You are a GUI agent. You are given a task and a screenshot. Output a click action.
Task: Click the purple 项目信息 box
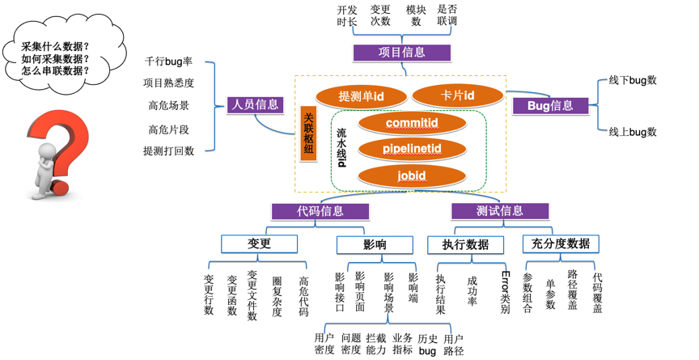[401, 53]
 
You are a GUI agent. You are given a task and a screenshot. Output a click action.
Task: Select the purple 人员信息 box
[255, 104]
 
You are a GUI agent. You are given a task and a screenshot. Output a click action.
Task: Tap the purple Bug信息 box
[549, 105]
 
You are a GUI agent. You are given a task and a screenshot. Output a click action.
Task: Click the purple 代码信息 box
[320, 211]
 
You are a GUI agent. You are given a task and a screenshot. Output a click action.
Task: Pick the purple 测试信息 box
[500, 211]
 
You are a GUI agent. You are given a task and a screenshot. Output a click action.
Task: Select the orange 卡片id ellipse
[457, 96]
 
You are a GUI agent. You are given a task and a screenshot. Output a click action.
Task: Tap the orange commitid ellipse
[411, 123]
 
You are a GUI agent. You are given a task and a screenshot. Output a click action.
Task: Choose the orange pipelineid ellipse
[411, 149]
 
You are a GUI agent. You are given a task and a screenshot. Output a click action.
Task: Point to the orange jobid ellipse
[411, 176]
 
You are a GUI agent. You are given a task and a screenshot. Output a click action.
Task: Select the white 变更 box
[259, 244]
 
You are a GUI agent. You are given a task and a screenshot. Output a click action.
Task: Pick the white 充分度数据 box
[561, 244]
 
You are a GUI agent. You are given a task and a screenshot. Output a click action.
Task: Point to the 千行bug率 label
[168, 61]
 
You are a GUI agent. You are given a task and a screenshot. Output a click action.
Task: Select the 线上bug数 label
[632, 132]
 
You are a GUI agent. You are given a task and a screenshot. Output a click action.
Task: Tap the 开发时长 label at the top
[347, 15]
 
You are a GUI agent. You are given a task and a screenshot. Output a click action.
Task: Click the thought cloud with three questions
[55, 58]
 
